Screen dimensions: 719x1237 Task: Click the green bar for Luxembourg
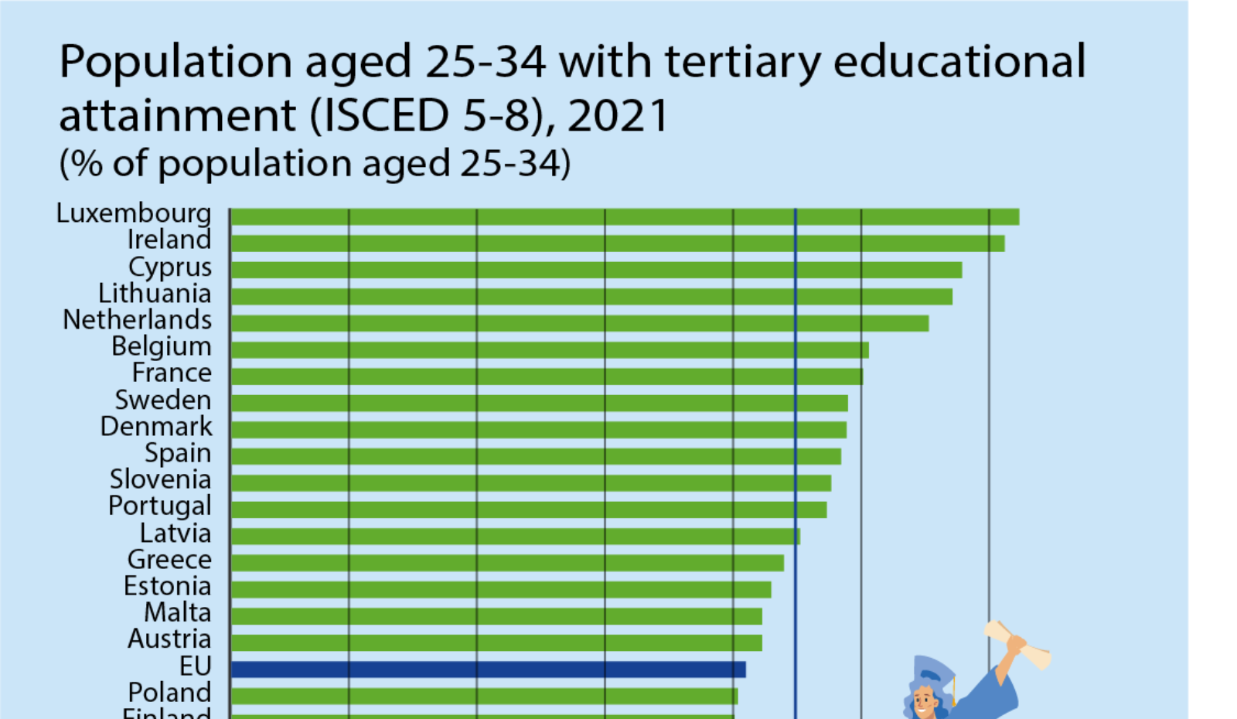coord(625,216)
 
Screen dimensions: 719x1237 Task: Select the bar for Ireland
coord(617,244)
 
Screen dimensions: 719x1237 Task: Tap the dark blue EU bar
coord(488,670)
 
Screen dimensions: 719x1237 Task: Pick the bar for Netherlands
coord(579,323)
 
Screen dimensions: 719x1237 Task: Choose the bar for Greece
coord(506,563)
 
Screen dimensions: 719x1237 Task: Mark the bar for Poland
coord(484,696)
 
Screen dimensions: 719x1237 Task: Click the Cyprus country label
coord(170,267)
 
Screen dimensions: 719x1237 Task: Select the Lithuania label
coord(155,294)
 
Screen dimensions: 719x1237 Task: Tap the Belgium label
coord(162,346)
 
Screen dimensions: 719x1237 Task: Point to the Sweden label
coord(163,400)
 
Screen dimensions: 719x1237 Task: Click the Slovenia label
coord(160,479)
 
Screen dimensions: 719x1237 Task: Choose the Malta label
coord(178,612)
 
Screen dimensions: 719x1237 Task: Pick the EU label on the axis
coord(195,666)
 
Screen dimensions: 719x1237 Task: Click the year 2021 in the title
coord(618,116)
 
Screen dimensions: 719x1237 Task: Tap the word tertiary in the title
coord(742,62)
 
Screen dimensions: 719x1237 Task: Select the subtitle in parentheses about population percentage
coord(315,164)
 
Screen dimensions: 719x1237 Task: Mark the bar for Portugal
coord(529,509)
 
